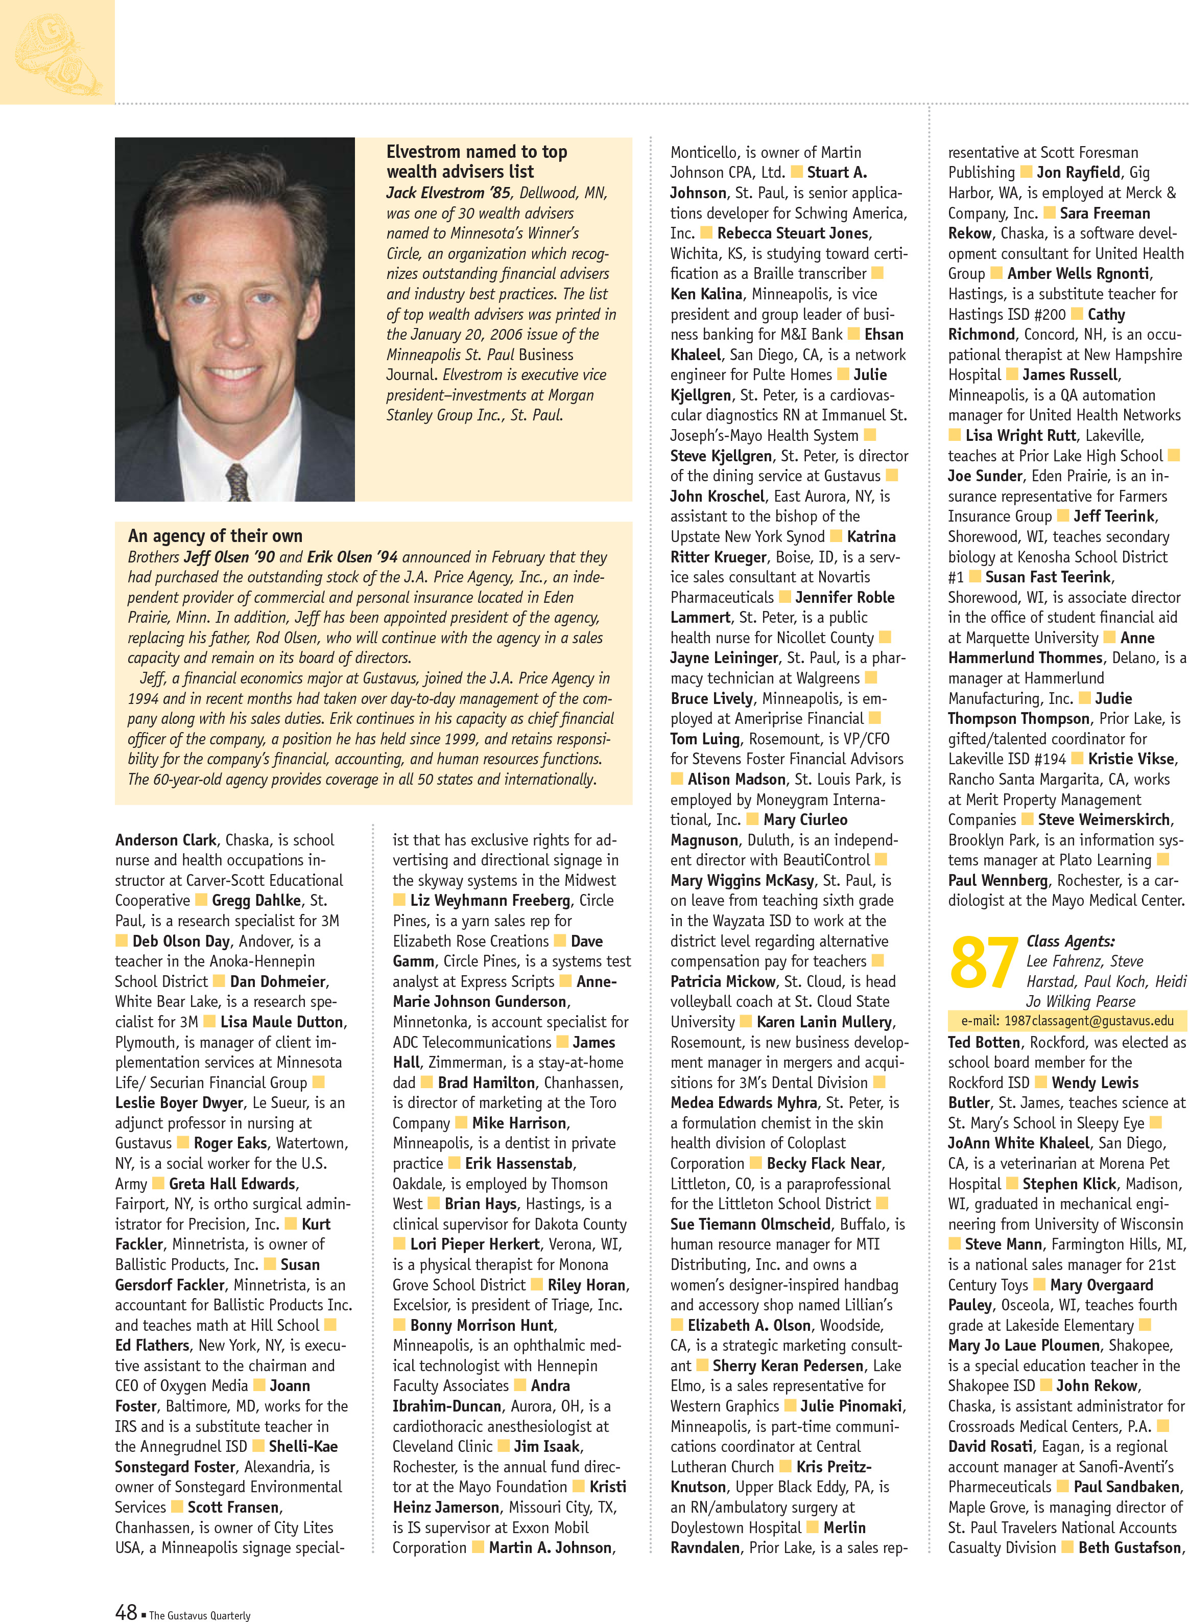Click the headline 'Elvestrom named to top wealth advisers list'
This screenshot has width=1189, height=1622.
477,161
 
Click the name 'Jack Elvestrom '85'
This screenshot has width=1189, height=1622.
448,193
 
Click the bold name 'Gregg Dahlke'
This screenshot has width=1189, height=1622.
256,900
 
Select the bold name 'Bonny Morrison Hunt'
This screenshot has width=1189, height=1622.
482,1325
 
